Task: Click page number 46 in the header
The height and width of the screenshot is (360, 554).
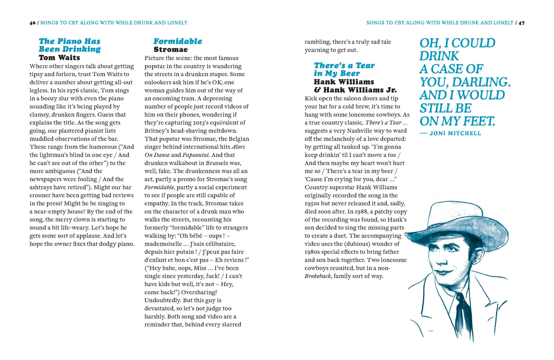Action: tap(33, 23)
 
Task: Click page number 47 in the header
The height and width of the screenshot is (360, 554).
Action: tap(521, 23)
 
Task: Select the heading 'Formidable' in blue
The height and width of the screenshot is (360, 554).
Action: tap(178, 41)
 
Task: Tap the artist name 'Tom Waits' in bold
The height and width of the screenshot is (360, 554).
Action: tap(59, 58)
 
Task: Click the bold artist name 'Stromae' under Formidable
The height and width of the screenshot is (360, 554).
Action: tap(170, 49)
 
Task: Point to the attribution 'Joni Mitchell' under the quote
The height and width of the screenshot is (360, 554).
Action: tap(455, 133)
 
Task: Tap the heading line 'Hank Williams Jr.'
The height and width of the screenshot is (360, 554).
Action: tap(360, 90)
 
